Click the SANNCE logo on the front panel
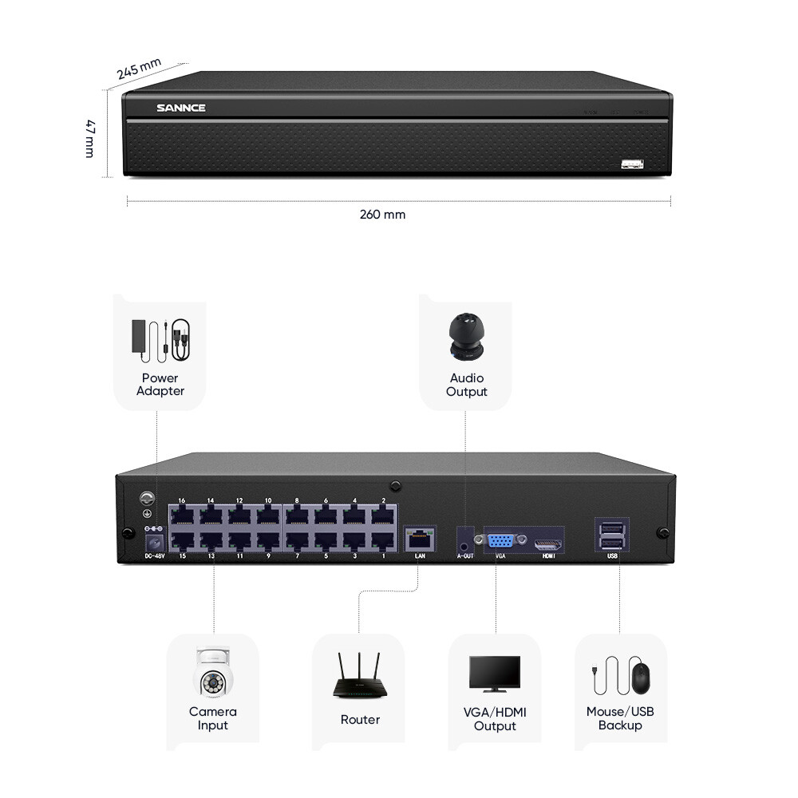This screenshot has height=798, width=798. (181, 108)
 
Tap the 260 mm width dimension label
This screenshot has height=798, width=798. (382, 215)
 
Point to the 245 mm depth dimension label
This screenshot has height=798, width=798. (139, 69)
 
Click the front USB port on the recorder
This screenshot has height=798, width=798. (633, 165)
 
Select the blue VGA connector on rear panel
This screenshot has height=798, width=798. (500, 540)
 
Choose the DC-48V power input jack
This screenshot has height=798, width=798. (152, 542)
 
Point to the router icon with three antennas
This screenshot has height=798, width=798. (358, 678)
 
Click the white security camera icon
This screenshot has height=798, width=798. (213, 672)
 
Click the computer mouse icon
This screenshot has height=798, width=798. (642, 678)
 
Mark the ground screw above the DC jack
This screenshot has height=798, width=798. (147, 498)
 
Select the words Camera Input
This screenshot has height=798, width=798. (213, 718)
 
